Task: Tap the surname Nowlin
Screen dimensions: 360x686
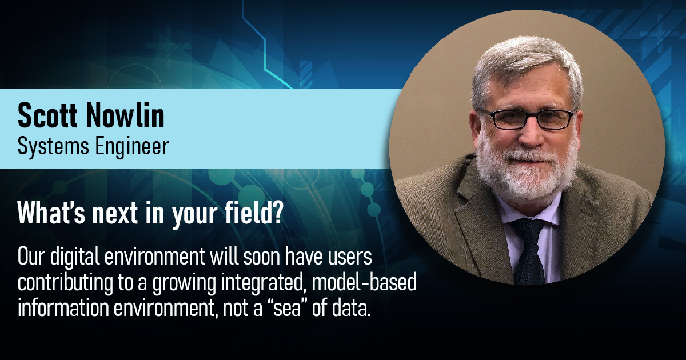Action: [x=125, y=116]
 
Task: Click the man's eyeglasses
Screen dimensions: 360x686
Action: [x=526, y=118]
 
